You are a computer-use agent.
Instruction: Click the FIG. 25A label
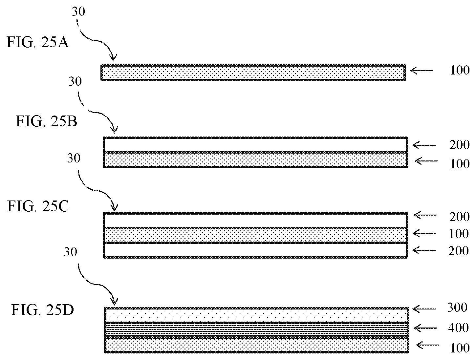click(38, 43)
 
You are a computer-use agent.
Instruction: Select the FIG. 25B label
click(46, 122)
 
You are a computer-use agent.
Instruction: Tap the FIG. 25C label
click(38, 207)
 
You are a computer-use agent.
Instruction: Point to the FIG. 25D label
click(42, 310)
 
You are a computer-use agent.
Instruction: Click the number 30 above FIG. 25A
click(78, 12)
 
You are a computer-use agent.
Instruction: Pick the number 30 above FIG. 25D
click(71, 252)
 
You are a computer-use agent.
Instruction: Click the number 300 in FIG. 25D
click(457, 307)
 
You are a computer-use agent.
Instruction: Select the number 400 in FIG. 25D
click(458, 328)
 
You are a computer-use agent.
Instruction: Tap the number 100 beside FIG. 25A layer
click(459, 70)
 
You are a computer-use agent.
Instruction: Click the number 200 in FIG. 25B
click(459, 145)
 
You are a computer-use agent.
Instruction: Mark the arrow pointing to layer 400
click(425, 328)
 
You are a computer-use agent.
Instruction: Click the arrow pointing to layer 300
click(424, 308)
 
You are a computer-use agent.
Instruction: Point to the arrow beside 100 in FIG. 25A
click(422, 70)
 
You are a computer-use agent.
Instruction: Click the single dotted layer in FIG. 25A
click(253, 73)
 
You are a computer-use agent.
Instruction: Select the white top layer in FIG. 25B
click(255, 145)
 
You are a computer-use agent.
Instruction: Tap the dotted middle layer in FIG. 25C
click(255, 235)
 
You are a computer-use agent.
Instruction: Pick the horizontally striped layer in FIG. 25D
click(256, 329)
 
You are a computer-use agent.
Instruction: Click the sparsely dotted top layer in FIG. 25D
click(256, 315)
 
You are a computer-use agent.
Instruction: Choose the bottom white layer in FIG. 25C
click(255, 250)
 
